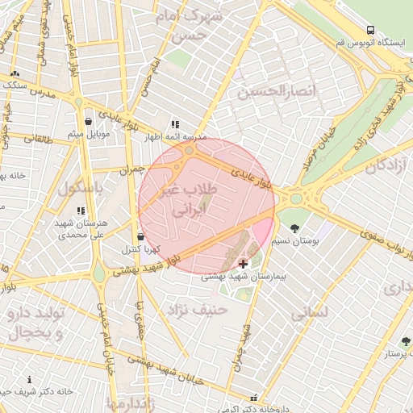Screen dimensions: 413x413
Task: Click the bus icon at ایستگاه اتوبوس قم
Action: tap(369, 31)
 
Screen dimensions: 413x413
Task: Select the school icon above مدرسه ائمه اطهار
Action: tap(174, 125)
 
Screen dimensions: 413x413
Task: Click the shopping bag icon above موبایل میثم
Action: tap(87, 122)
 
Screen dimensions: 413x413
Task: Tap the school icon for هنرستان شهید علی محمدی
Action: tap(81, 211)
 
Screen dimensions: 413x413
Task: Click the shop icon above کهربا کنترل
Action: tap(141, 237)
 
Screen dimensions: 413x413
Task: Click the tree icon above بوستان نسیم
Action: tap(294, 228)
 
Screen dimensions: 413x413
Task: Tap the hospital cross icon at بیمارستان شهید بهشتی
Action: tap(243, 264)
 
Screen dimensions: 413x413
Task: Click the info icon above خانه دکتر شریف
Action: tap(30, 379)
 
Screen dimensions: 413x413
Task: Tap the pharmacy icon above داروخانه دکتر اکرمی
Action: tap(255, 398)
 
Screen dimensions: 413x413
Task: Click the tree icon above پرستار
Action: tap(406, 342)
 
